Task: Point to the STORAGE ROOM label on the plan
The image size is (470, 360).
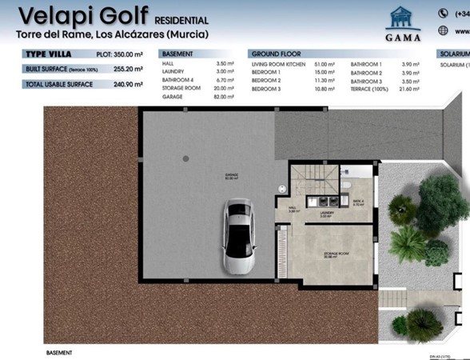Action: click(x=337, y=254)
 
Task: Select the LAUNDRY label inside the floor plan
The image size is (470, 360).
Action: click(x=325, y=214)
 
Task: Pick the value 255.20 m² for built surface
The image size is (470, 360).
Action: click(x=127, y=70)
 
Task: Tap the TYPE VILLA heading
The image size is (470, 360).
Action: click(x=49, y=55)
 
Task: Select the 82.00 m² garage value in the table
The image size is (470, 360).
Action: click(x=224, y=96)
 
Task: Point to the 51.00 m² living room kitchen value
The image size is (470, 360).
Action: click(x=325, y=63)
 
